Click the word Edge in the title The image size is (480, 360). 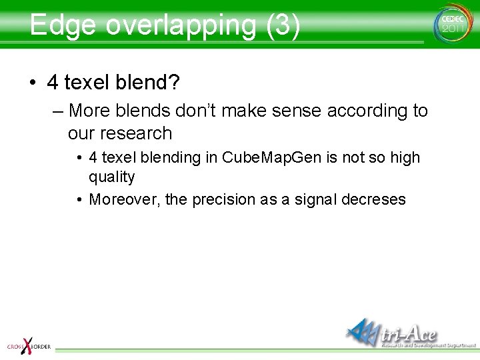tap(63, 25)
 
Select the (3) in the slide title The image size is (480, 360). tap(283, 25)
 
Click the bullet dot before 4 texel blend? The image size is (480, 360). tap(33, 83)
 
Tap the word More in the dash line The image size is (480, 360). tap(91, 110)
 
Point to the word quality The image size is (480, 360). tap(112, 177)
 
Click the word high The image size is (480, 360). tap(405, 158)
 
